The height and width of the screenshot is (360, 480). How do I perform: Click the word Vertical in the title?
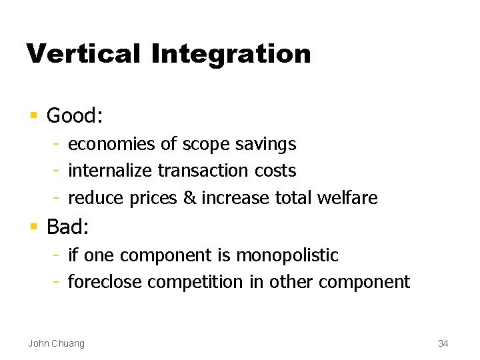point(83,54)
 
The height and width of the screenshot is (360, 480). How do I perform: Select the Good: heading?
point(74,116)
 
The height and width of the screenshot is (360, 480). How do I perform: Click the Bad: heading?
point(67,227)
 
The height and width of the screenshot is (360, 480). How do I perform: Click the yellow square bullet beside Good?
point(33,116)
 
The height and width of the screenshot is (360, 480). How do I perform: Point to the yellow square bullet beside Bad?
point(33,227)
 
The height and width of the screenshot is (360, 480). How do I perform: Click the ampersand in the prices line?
point(190,198)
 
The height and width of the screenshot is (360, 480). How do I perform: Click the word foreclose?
point(105,283)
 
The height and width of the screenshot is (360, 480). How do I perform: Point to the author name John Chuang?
point(56,343)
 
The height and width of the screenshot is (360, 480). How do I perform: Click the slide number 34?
point(443,343)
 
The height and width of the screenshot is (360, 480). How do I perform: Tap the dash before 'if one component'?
point(58,255)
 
